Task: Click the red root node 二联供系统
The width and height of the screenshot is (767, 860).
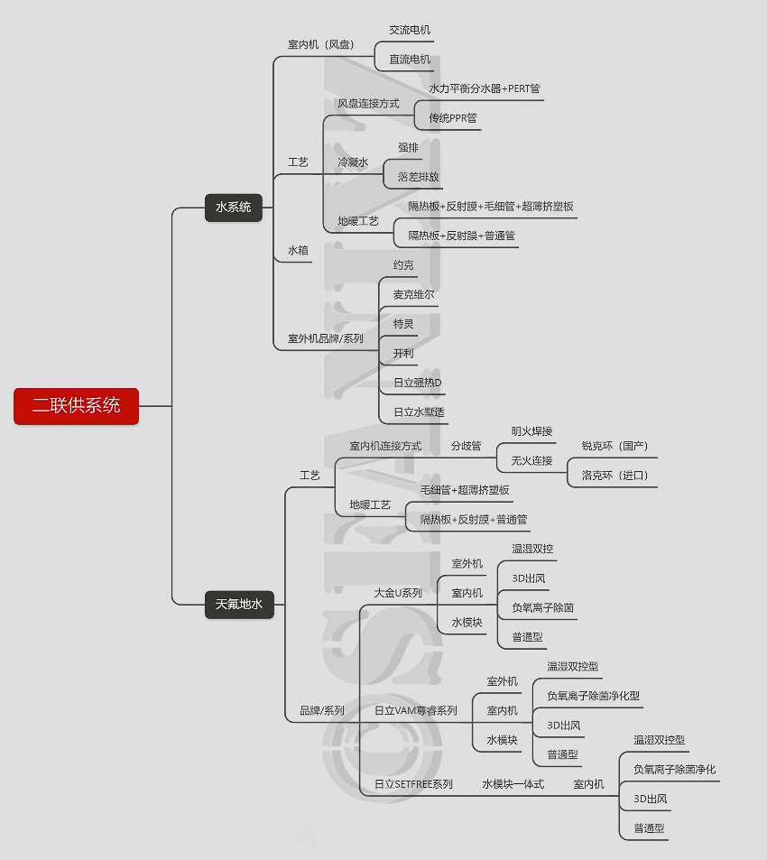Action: (77, 406)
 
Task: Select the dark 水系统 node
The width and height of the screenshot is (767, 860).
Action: (233, 208)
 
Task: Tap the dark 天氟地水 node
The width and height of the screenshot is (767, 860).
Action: (239, 605)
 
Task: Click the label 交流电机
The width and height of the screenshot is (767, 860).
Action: (410, 30)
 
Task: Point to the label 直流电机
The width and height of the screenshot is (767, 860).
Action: (410, 60)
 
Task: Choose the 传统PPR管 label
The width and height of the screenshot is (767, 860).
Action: (453, 117)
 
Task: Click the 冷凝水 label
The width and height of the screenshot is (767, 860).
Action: (353, 162)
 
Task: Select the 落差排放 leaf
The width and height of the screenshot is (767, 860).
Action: (419, 177)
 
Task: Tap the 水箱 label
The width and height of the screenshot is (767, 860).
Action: (299, 250)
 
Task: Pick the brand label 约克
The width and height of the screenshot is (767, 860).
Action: (403, 265)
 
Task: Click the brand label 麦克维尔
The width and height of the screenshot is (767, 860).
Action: (414, 294)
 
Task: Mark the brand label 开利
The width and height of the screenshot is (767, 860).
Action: (403, 353)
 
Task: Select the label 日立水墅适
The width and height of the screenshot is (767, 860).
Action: (419, 412)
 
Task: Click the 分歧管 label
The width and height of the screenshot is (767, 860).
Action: (467, 446)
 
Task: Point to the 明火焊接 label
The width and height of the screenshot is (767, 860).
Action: (531, 431)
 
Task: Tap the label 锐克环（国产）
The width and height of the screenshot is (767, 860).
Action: (615, 446)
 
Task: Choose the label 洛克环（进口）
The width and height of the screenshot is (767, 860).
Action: (615, 476)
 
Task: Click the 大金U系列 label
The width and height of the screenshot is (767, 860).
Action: (398, 593)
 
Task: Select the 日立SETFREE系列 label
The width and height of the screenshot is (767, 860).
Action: (413, 784)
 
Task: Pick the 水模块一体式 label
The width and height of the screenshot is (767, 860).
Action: (513, 784)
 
